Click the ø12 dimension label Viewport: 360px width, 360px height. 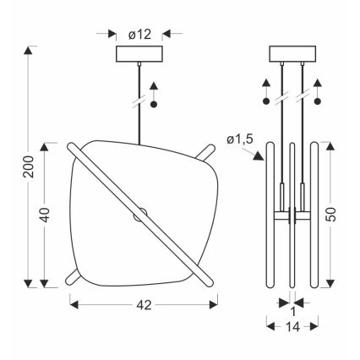(x=139, y=35)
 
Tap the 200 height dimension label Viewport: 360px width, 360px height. (x=29, y=166)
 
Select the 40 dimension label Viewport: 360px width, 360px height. (x=45, y=215)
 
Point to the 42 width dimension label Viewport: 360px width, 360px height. (x=144, y=305)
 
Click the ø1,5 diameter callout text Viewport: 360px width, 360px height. (x=240, y=139)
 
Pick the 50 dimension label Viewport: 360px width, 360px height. (x=332, y=215)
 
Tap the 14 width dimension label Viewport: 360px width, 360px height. (x=292, y=327)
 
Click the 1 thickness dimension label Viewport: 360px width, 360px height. (x=293, y=312)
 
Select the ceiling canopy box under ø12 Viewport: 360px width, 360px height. (x=139, y=54)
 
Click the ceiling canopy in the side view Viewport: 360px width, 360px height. (x=292, y=54)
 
